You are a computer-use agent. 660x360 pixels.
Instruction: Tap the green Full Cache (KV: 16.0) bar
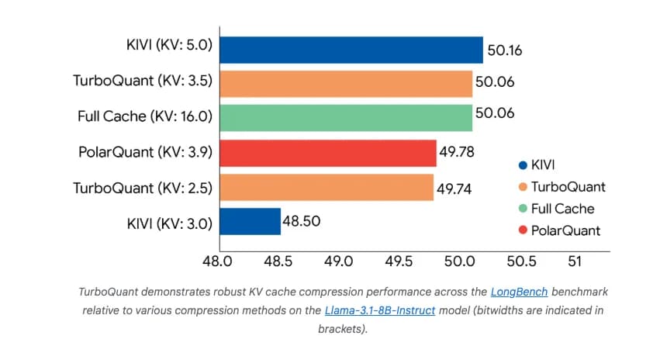pos(345,118)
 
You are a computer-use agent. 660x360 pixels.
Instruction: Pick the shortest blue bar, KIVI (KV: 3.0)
pos(249,221)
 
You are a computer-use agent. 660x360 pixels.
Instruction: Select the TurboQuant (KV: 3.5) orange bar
pos(345,84)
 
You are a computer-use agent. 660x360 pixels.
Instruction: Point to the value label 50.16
pos(505,51)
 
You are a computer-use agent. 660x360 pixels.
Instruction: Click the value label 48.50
pos(302,221)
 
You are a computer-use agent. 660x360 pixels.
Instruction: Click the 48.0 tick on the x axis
pos(218,261)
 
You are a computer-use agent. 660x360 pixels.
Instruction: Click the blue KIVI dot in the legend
pos(522,165)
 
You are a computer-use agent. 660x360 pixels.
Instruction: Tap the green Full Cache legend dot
pos(522,209)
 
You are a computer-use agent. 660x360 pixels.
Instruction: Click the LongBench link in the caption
pos(519,292)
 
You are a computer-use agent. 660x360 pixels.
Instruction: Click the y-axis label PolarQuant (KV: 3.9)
pos(146,153)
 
